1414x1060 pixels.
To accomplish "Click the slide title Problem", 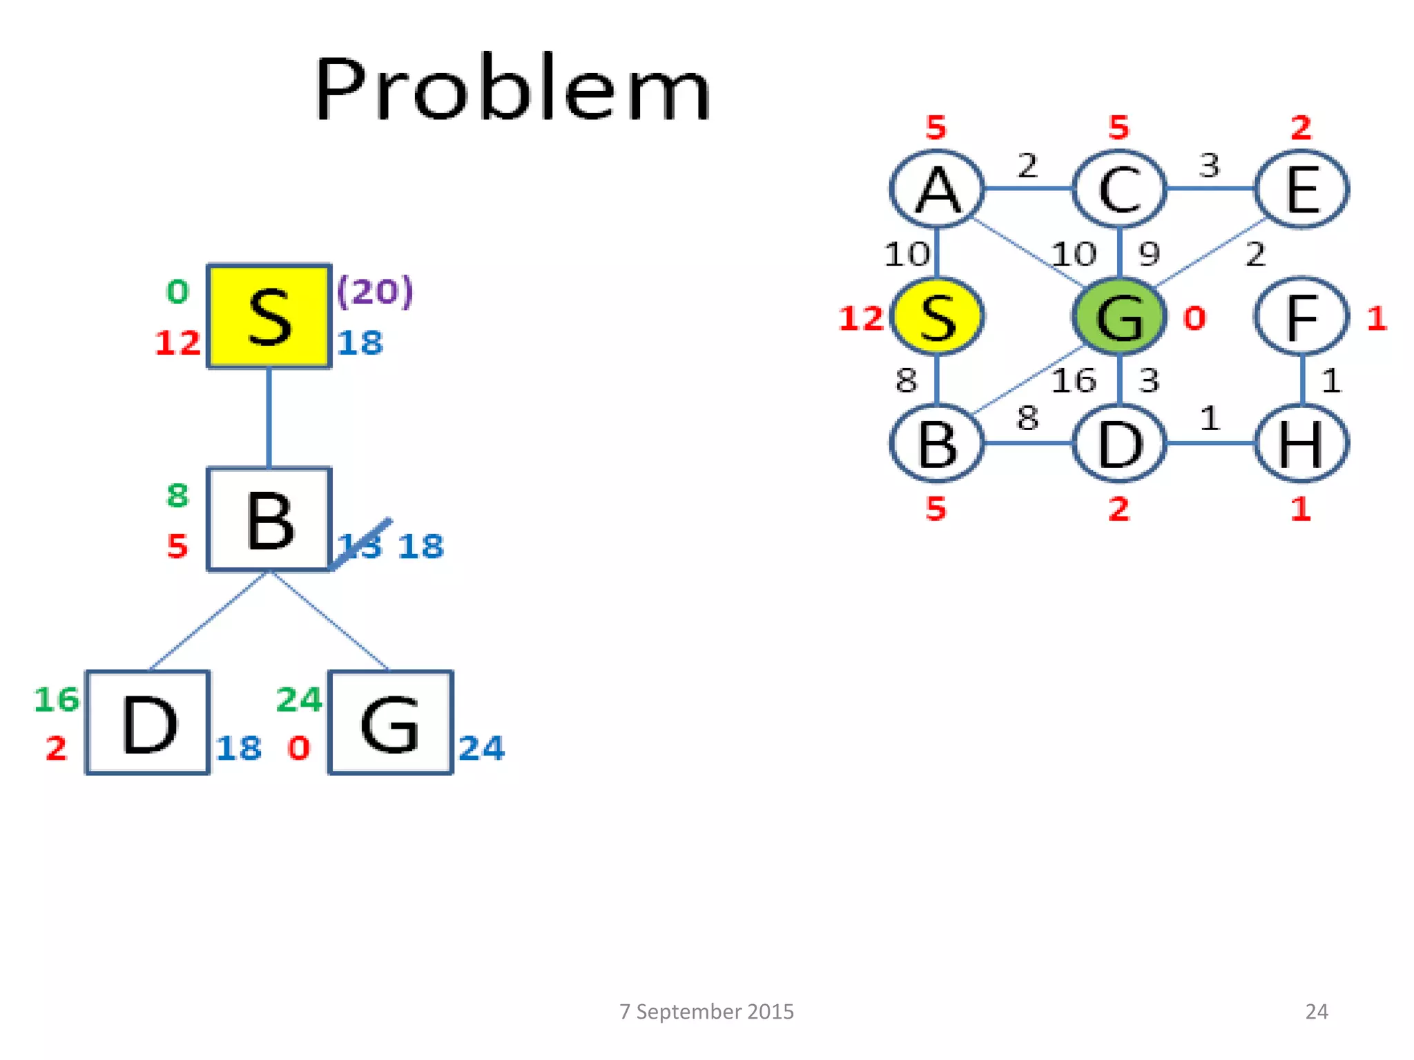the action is (512, 88).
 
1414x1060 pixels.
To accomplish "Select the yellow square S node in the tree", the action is (269, 316).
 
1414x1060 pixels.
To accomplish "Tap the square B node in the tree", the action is (269, 519).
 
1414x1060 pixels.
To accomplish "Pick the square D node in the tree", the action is (148, 723).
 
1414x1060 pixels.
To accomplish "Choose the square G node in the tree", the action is (391, 723).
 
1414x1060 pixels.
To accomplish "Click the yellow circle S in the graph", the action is (937, 317).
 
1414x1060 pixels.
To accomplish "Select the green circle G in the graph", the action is (1119, 317).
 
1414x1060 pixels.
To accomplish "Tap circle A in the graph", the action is (937, 188).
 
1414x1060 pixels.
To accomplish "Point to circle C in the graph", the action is (1119, 188).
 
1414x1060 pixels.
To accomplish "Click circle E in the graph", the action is (1301, 188).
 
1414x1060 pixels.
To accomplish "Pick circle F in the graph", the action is (1301, 317).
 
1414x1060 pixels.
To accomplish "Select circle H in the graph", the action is (1301, 443).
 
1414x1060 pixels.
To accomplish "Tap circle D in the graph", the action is (1119, 443).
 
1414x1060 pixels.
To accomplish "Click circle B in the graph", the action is (937, 443).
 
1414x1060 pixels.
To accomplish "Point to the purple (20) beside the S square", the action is (375, 291).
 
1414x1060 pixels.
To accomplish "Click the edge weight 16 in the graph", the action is (1074, 380).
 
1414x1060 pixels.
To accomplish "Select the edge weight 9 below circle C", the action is (1149, 254).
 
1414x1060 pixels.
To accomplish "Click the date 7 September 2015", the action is (706, 1011).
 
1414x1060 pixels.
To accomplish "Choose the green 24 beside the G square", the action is (299, 699).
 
